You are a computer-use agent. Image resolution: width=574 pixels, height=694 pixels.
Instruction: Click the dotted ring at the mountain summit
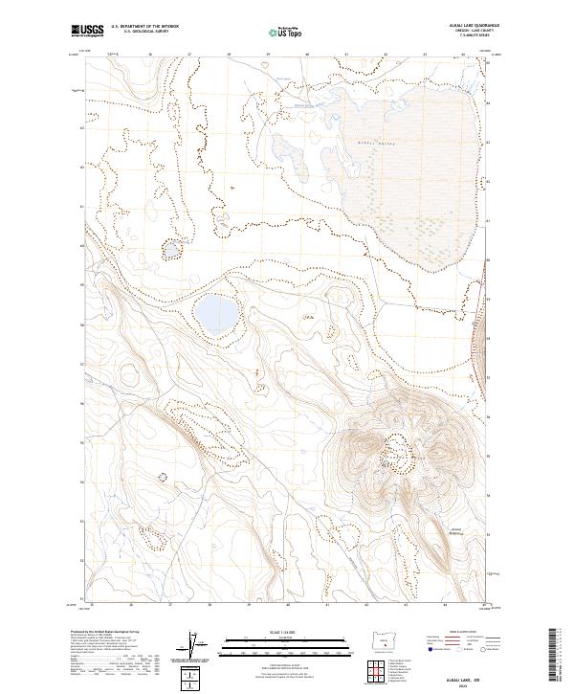397,445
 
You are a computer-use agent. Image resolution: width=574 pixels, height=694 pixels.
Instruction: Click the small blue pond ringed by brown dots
172,250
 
